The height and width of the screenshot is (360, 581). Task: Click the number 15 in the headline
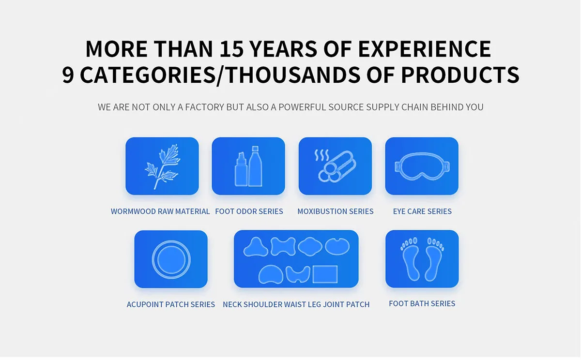(x=231, y=49)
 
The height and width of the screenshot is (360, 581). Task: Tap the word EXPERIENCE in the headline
(x=425, y=49)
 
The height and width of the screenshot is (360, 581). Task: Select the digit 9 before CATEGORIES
(x=68, y=75)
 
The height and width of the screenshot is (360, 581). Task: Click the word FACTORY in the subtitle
(x=204, y=107)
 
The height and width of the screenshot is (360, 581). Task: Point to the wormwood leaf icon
(x=162, y=166)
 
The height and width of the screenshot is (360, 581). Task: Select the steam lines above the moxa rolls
(x=321, y=155)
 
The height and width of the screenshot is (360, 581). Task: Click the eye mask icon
(x=422, y=166)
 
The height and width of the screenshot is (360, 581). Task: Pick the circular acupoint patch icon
(x=171, y=259)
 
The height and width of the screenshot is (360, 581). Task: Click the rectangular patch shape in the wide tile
(x=325, y=274)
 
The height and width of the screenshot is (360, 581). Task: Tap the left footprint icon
(x=410, y=259)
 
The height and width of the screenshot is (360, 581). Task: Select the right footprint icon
(x=434, y=259)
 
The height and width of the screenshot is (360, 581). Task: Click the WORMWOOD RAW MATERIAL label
(x=160, y=211)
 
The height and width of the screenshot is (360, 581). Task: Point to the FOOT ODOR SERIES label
(x=249, y=211)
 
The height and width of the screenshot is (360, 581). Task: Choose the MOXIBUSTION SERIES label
(x=336, y=211)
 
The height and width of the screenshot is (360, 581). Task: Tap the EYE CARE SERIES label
(x=422, y=211)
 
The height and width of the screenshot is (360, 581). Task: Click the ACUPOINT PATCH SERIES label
(x=170, y=304)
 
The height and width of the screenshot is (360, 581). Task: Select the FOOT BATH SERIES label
(x=422, y=303)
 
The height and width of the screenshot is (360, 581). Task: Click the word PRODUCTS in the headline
(x=460, y=75)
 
